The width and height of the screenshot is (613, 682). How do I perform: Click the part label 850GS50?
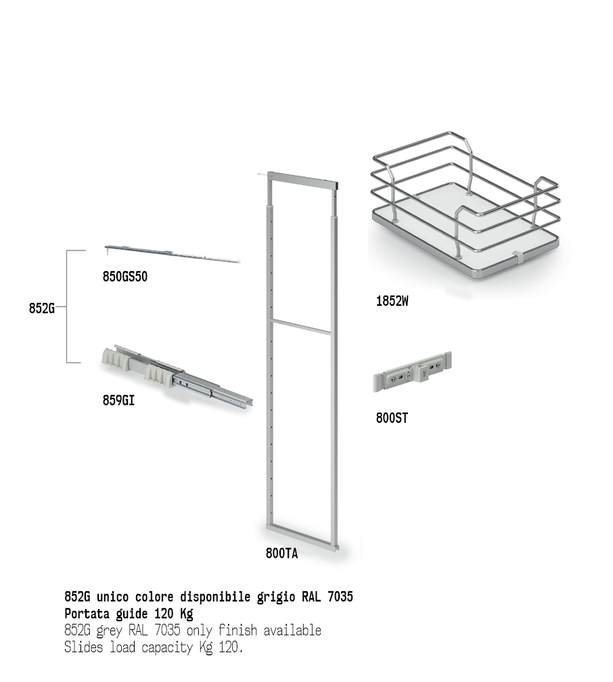click(x=125, y=277)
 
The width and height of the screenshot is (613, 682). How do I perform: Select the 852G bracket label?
click(x=42, y=308)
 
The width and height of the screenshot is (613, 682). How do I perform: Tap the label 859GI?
click(x=118, y=400)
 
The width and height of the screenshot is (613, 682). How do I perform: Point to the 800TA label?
click(x=282, y=553)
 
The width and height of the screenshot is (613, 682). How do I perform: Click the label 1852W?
click(x=392, y=301)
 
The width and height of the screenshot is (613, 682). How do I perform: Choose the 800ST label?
click(x=392, y=418)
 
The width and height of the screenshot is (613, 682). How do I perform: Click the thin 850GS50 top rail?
click(x=173, y=254)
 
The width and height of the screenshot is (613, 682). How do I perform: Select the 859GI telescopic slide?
click(x=176, y=377)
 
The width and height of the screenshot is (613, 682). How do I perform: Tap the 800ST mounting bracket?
click(x=412, y=372)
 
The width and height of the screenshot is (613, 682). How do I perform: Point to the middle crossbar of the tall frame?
click(x=301, y=327)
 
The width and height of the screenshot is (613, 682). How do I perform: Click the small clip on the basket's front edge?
click(x=516, y=258)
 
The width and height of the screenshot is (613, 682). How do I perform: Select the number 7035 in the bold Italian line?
click(x=340, y=597)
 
